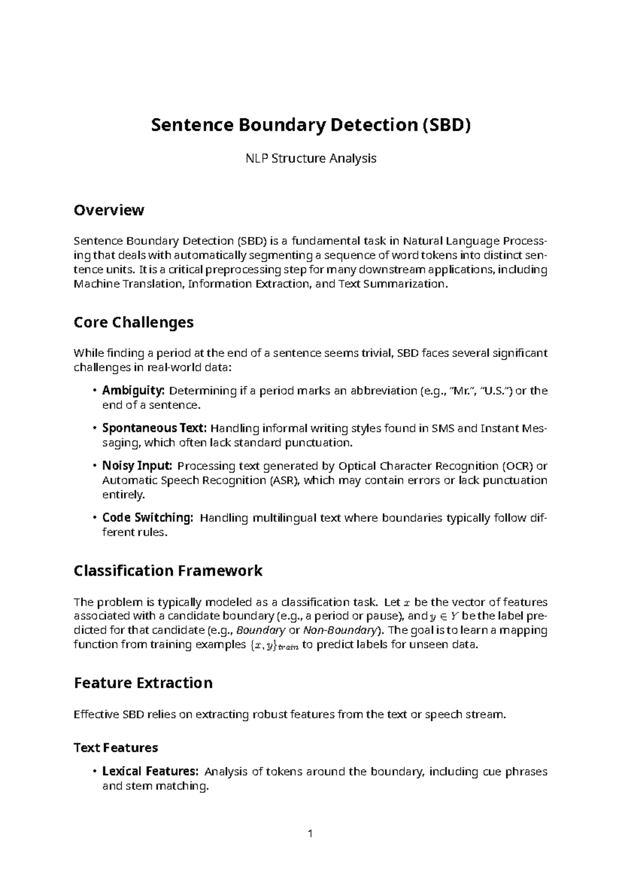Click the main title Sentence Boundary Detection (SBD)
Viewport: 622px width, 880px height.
[310, 126]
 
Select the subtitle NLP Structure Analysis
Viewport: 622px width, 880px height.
[310, 158]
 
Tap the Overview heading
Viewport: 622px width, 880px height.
[108, 210]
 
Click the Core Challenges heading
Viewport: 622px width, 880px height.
[134, 322]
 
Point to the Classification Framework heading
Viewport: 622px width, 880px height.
[168, 571]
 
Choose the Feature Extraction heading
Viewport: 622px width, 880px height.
[143, 682]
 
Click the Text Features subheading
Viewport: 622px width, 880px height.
[116, 748]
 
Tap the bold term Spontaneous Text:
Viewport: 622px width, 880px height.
[154, 428]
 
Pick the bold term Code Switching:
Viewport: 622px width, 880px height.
[148, 517]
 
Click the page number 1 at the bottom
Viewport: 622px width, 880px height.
[310, 834]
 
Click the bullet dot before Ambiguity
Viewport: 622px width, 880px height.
[94, 391]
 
